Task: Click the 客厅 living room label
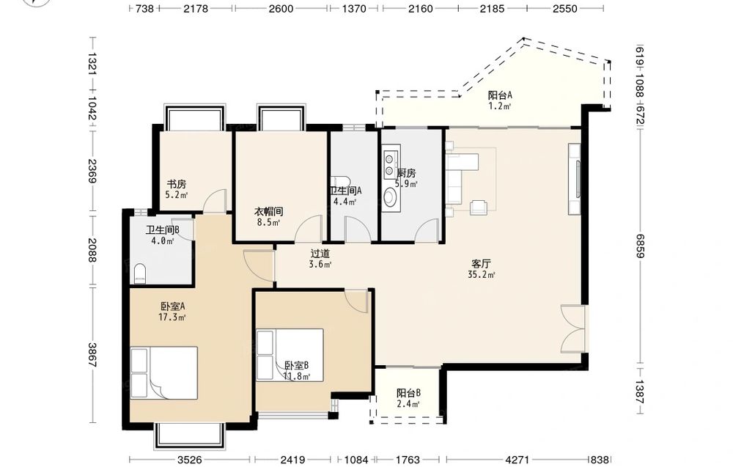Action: pos(481,264)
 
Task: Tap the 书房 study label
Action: pos(177,184)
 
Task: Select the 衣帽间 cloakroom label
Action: pos(268,212)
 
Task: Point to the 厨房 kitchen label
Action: pos(406,173)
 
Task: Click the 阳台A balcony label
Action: pos(500,95)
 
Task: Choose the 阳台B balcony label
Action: pos(408,393)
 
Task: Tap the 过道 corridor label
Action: pos(320,254)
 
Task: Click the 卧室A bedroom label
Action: pos(173,306)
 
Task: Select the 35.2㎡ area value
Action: pos(481,275)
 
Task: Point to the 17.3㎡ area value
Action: pos(172,318)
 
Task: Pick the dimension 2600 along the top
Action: pos(281,8)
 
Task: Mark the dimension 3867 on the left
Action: pos(92,356)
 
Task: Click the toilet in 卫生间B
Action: pos(140,274)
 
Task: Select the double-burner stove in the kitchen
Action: pos(389,164)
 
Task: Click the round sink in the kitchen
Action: pos(389,197)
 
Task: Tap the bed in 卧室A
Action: pos(163,372)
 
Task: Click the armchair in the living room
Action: pos(478,207)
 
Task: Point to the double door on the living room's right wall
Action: pos(573,329)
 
